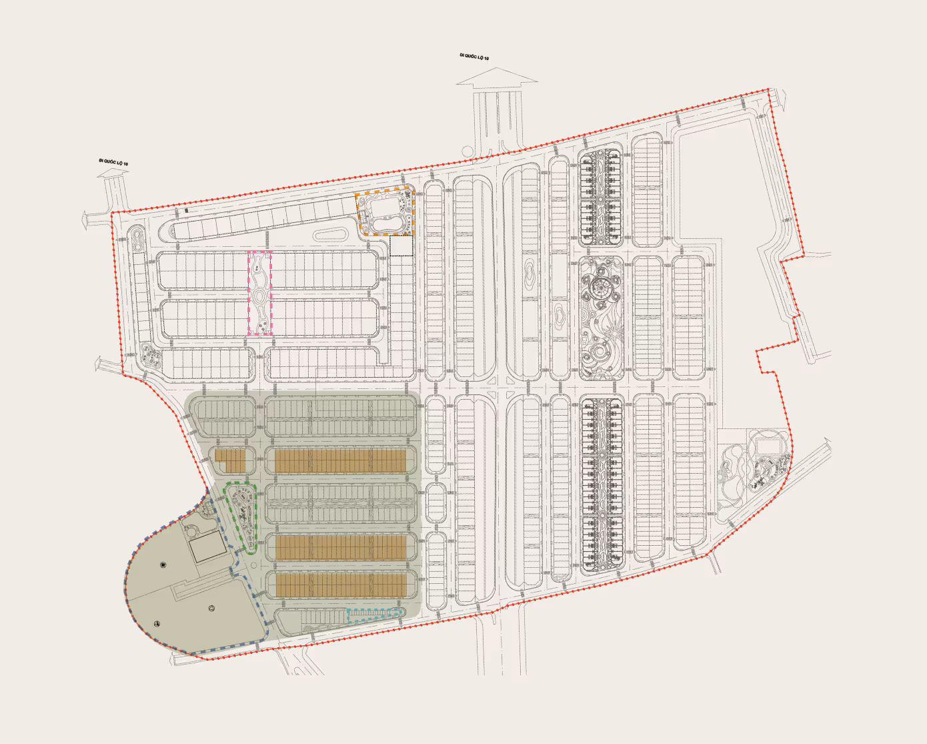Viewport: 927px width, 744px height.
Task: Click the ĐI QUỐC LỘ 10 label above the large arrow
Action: coord(474,57)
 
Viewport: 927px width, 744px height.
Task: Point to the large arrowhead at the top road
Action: coord(497,79)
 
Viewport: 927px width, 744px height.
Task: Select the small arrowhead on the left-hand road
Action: coord(113,173)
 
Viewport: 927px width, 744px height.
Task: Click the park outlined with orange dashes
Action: coord(385,213)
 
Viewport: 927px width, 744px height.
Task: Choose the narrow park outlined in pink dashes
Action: coord(259,292)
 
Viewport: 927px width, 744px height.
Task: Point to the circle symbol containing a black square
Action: coord(163,565)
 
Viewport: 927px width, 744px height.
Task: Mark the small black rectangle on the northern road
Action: coord(187,210)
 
